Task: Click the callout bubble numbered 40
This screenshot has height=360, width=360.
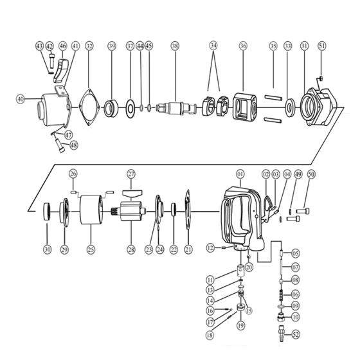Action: (x=21, y=99)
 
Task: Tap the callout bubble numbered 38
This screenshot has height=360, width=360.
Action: (x=175, y=46)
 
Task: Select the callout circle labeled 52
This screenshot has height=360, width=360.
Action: (x=296, y=334)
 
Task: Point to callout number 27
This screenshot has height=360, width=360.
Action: (x=131, y=174)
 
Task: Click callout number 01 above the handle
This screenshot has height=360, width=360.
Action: (x=240, y=174)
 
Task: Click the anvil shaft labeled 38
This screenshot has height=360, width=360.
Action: (x=176, y=108)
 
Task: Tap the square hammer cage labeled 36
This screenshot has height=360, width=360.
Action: (x=245, y=106)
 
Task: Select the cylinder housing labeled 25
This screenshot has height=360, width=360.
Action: (x=91, y=210)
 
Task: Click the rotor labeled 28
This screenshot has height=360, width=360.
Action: (x=131, y=211)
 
